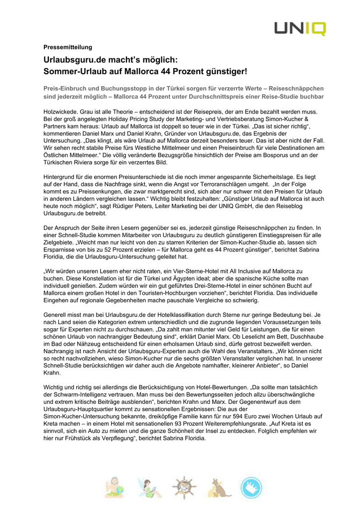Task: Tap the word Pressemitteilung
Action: pos(68,47)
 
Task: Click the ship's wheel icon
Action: pos(183,488)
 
